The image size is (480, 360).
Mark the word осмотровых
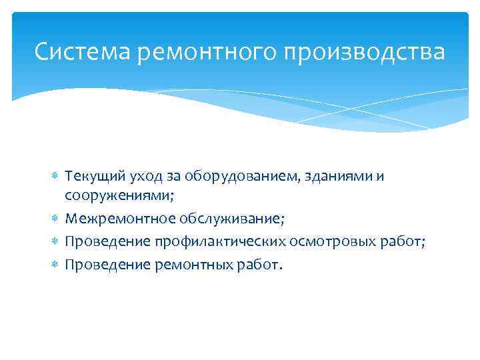coord(325,241)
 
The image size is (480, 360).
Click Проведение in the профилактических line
coord(99,241)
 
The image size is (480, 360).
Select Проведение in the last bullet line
coord(99,265)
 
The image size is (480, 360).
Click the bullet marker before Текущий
coord(56,177)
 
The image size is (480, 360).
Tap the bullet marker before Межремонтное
coord(56,219)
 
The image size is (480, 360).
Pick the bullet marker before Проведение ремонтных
coord(56,265)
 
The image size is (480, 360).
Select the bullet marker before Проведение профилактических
coord(56,241)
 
